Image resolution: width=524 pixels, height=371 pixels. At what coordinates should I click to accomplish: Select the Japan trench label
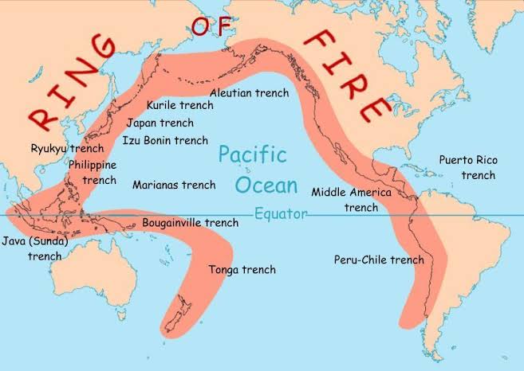tap(160, 123)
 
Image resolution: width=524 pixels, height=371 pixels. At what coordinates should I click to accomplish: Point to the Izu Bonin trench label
tap(165, 140)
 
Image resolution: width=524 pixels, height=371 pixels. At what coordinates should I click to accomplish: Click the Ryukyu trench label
tap(67, 148)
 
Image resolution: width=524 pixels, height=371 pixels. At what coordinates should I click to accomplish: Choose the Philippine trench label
tap(93, 172)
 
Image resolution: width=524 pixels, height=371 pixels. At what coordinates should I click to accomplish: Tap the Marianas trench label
tap(174, 185)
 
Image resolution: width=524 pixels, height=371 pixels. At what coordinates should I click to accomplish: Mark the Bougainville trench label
tap(190, 223)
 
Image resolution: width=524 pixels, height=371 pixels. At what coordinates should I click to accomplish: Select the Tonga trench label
tap(242, 270)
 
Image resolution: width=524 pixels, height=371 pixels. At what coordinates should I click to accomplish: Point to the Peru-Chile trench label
tap(379, 260)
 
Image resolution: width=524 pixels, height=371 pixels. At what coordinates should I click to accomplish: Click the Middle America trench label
tap(351, 199)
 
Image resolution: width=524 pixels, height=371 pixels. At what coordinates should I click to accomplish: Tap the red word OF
tap(209, 26)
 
